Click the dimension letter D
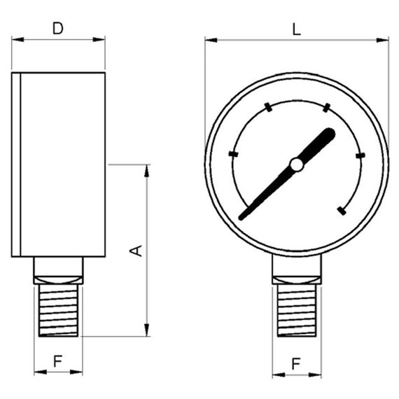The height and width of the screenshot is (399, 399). (x=58, y=29)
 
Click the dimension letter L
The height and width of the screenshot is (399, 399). (x=297, y=29)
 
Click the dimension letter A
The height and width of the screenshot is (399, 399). (x=136, y=251)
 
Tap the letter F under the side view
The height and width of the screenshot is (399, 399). (x=58, y=360)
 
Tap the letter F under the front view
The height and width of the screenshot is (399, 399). (x=296, y=363)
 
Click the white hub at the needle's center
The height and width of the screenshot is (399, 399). (x=297, y=164)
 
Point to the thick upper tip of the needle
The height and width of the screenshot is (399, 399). (x=330, y=133)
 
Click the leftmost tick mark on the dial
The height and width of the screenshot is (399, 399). (x=233, y=154)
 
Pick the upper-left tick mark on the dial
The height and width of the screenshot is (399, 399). (x=268, y=107)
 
